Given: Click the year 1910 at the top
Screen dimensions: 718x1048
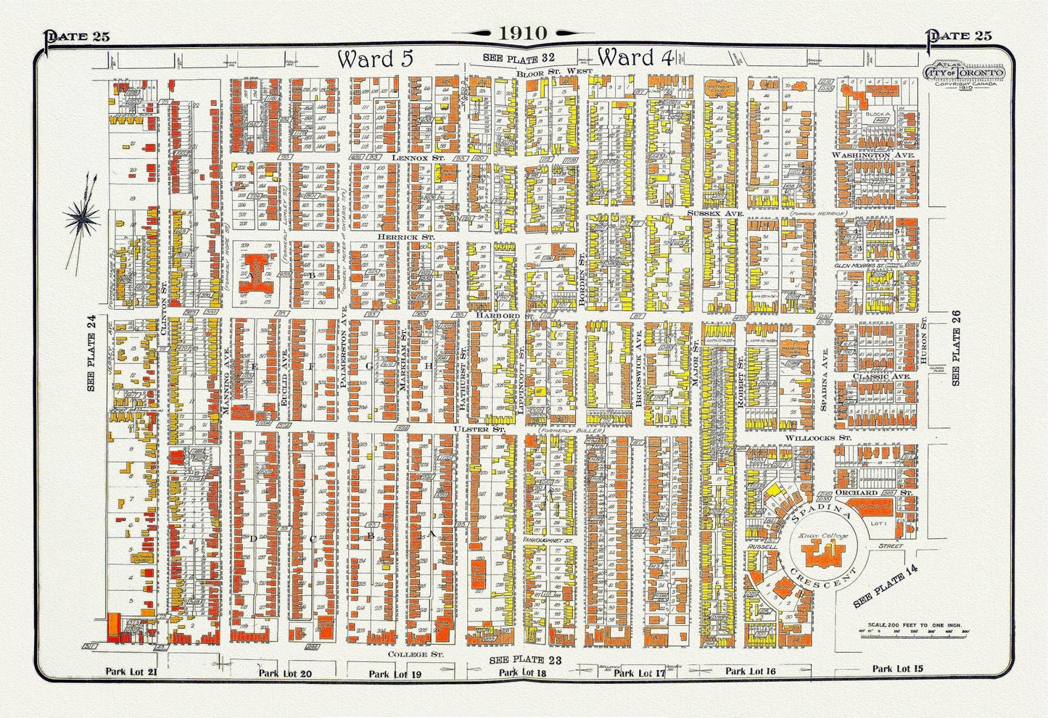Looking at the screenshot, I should coord(523,33).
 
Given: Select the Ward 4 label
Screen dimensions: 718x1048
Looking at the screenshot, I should coord(637,57).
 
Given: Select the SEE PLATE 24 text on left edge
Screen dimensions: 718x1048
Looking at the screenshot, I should coord(92,354).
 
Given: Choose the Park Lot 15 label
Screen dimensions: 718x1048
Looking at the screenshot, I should coord(897,669).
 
